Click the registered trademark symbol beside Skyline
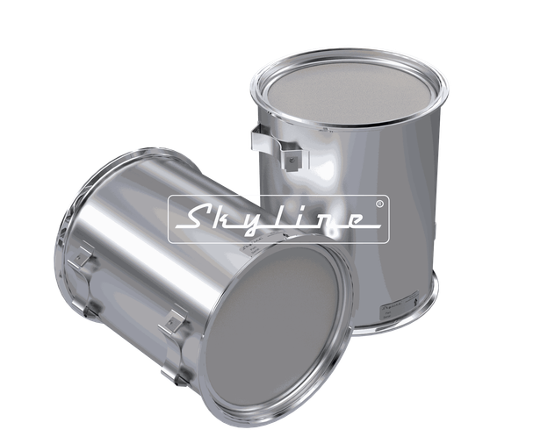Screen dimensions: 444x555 (x=378, y=204)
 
